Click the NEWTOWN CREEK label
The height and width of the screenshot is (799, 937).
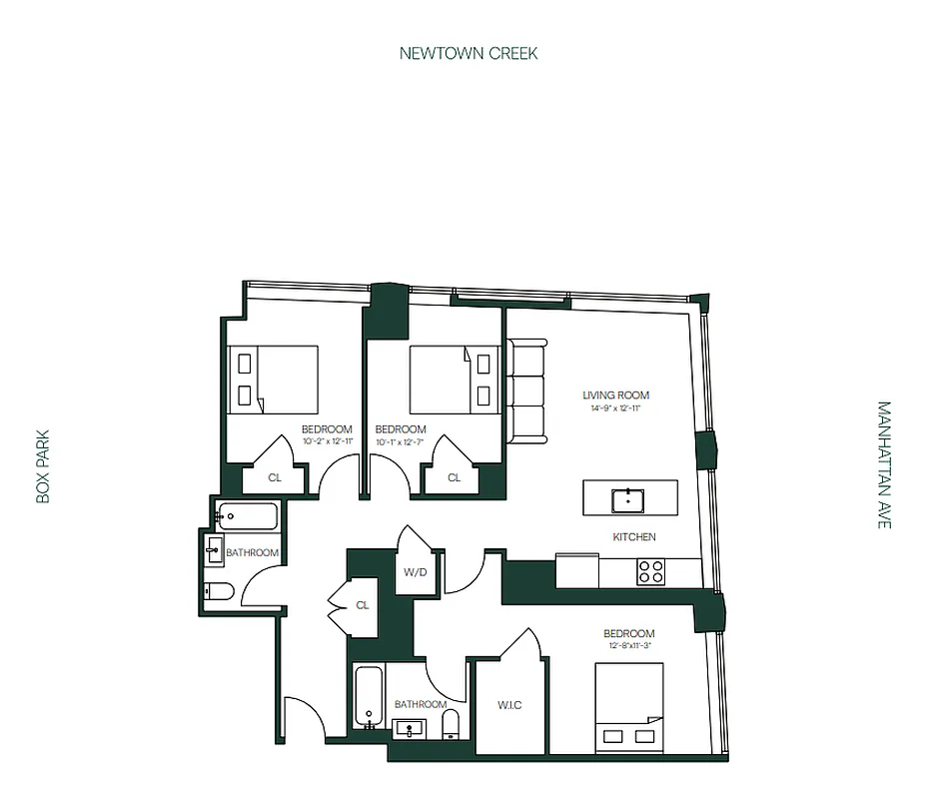[x=468, y=53]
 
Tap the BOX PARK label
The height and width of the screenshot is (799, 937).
[x=42, y=466]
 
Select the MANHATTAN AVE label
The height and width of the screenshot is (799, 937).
[x=883, y=464]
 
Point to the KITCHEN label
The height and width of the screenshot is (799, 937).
[x=634, y=537]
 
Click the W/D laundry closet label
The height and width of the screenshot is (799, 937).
[x=416, y=572]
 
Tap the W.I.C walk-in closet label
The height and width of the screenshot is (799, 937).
[x=510, y=706]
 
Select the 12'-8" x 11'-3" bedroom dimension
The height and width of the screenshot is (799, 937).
[x=628, y=646]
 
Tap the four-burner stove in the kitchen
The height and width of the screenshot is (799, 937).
[x=651, y=571]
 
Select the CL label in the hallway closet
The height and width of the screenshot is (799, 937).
[x=362, y=605]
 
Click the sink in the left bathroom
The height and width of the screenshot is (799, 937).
[x=213, y=548]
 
